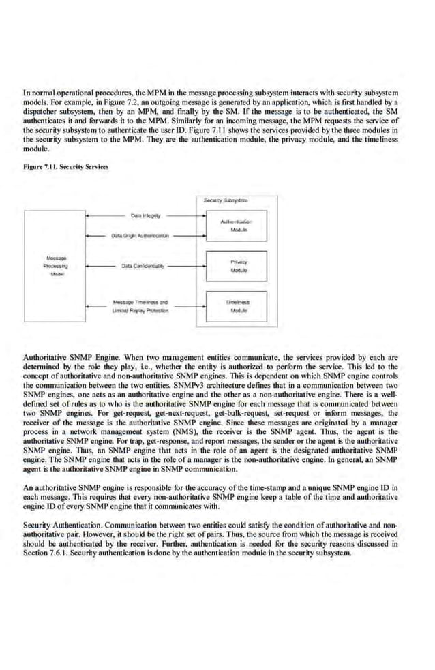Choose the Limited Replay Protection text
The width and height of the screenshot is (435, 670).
click(x=140, y=310)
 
